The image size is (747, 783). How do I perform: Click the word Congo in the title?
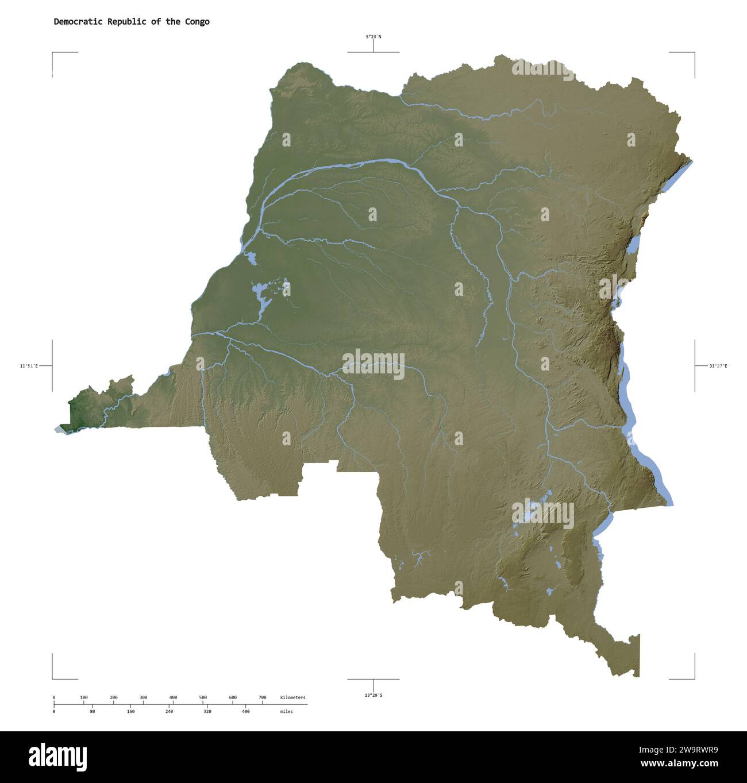[197, 22]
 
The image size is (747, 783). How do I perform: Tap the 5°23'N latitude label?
[373, 37]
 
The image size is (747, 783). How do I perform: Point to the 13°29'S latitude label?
[373, 695]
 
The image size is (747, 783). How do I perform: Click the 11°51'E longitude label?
[29, 366]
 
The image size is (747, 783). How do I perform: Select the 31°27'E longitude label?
[718, 366]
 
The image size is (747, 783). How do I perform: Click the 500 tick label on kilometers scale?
[203, 697]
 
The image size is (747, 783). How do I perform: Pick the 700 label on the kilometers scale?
[263, 697]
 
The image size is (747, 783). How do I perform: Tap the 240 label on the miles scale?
[169, 711]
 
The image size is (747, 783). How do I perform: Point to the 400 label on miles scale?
[245, 711]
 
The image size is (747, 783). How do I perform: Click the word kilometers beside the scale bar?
[293, 697]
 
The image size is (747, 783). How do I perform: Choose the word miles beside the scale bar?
[286, 711]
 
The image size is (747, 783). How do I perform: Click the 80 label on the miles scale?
[93, 711]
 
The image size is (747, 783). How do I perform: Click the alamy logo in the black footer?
[58, 757]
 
